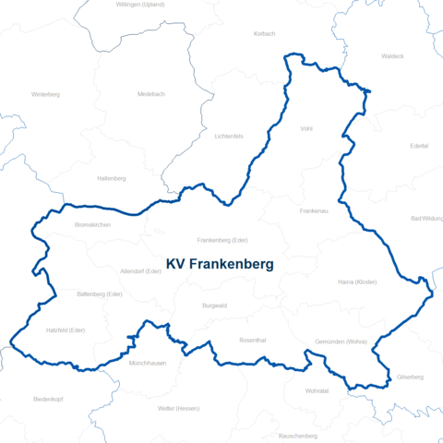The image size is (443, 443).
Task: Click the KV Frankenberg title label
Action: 219,264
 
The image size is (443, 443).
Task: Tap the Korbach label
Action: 264,33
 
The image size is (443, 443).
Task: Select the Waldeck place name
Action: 392,56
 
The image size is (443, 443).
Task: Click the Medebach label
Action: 150,93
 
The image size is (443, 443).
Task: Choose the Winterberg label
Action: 45,94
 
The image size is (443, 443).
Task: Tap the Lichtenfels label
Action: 228,137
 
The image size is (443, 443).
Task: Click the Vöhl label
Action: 307,129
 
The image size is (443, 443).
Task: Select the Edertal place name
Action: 419,146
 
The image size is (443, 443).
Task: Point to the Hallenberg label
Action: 112,178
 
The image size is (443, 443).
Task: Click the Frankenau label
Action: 315,211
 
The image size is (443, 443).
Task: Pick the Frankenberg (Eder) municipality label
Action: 222,240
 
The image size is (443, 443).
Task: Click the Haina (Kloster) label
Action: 357,281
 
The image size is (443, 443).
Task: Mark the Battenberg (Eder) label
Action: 100,293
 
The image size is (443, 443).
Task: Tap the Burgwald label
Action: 214,305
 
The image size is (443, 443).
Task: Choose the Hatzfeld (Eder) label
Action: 66,329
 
